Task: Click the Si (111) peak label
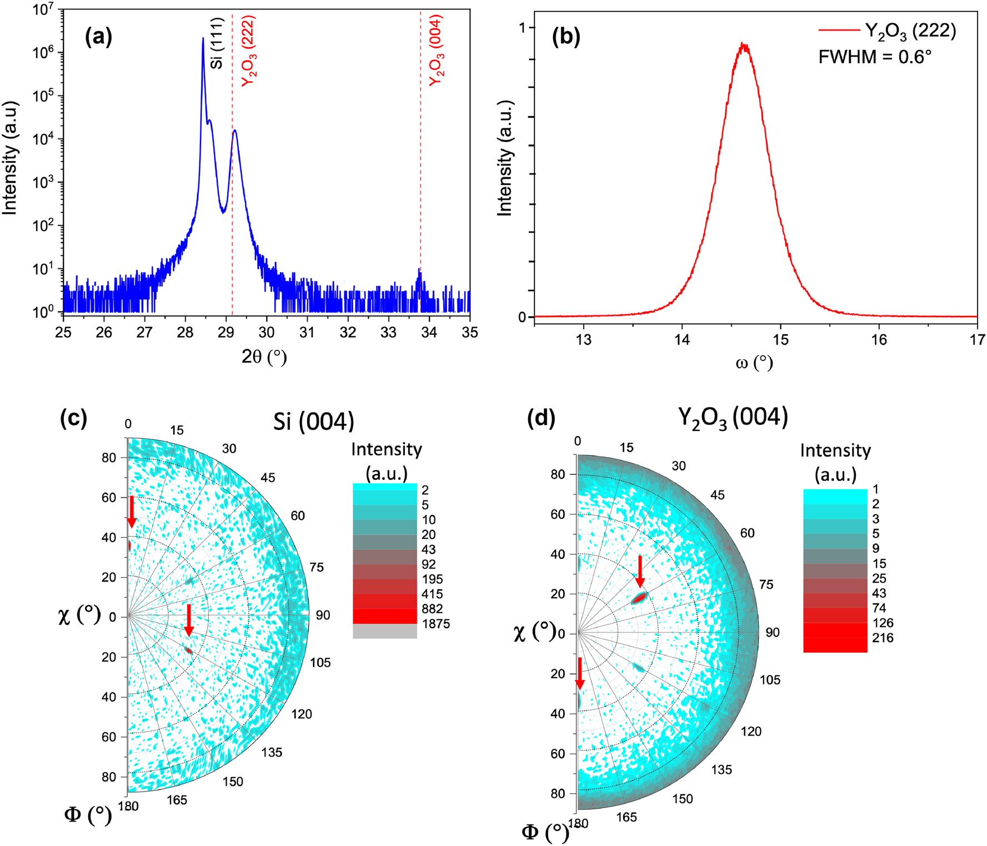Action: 217,43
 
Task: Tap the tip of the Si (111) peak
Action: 203,38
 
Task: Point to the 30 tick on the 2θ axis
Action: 267,332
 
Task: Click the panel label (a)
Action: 98,37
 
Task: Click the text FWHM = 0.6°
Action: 874,57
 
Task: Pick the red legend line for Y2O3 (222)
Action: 839,31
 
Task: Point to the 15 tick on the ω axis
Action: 780,340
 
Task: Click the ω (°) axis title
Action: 754,363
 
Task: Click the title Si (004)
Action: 314,422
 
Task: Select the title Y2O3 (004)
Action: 733,417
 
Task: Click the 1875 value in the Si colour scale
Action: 435,624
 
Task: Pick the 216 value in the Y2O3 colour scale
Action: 883,638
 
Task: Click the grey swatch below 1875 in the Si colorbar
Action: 384,631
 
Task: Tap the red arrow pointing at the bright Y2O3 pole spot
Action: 640,571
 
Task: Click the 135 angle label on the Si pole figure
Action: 272,752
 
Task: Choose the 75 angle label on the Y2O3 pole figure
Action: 766,584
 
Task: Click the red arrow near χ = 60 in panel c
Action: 132,511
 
